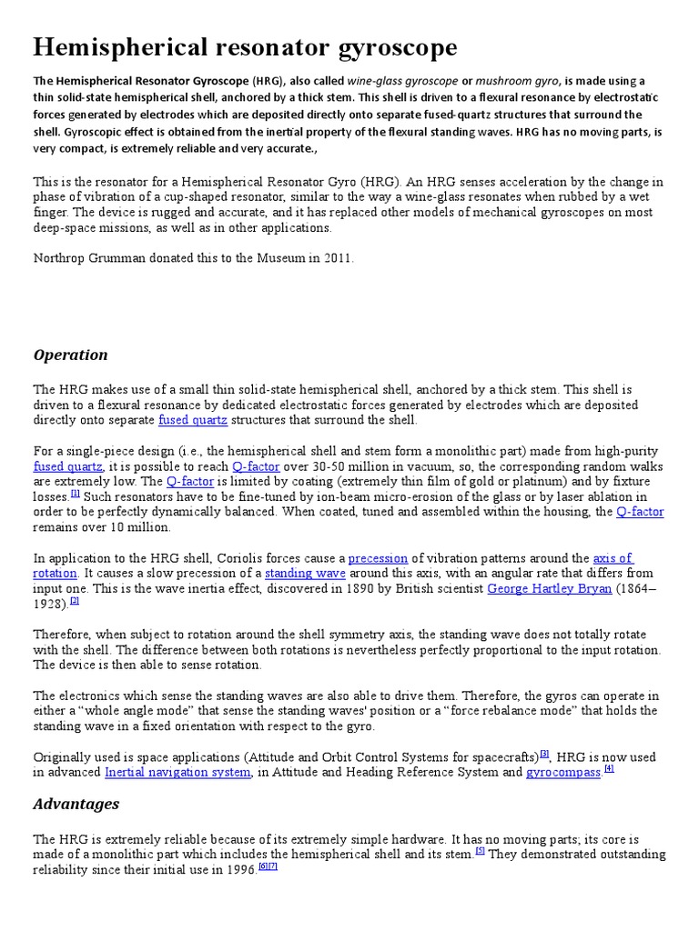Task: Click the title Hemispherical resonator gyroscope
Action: pos(245,47)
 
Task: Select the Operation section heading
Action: pos(70,355)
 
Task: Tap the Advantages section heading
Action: pos(76,804)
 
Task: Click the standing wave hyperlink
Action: pos(305,574)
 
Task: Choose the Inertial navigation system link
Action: pos(177,772)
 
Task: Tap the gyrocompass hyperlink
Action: pos(563,772)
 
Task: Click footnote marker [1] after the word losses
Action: pos(76,494)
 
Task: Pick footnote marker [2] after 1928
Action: pos(75,600)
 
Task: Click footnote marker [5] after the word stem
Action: pos(480,851)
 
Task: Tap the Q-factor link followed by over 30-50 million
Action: pos(257,465)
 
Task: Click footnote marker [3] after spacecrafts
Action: pos(544,753)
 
